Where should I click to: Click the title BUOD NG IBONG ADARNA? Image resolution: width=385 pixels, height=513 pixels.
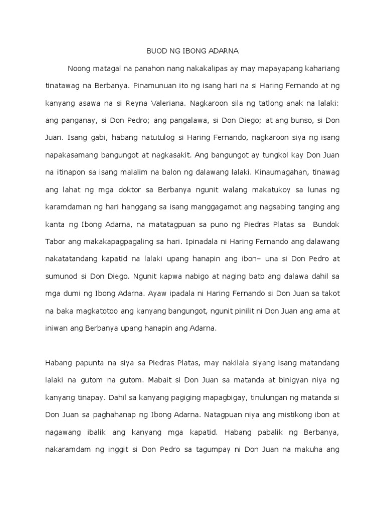(x=192, y=51)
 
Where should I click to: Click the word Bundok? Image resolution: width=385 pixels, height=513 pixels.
(x=324, y=224)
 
